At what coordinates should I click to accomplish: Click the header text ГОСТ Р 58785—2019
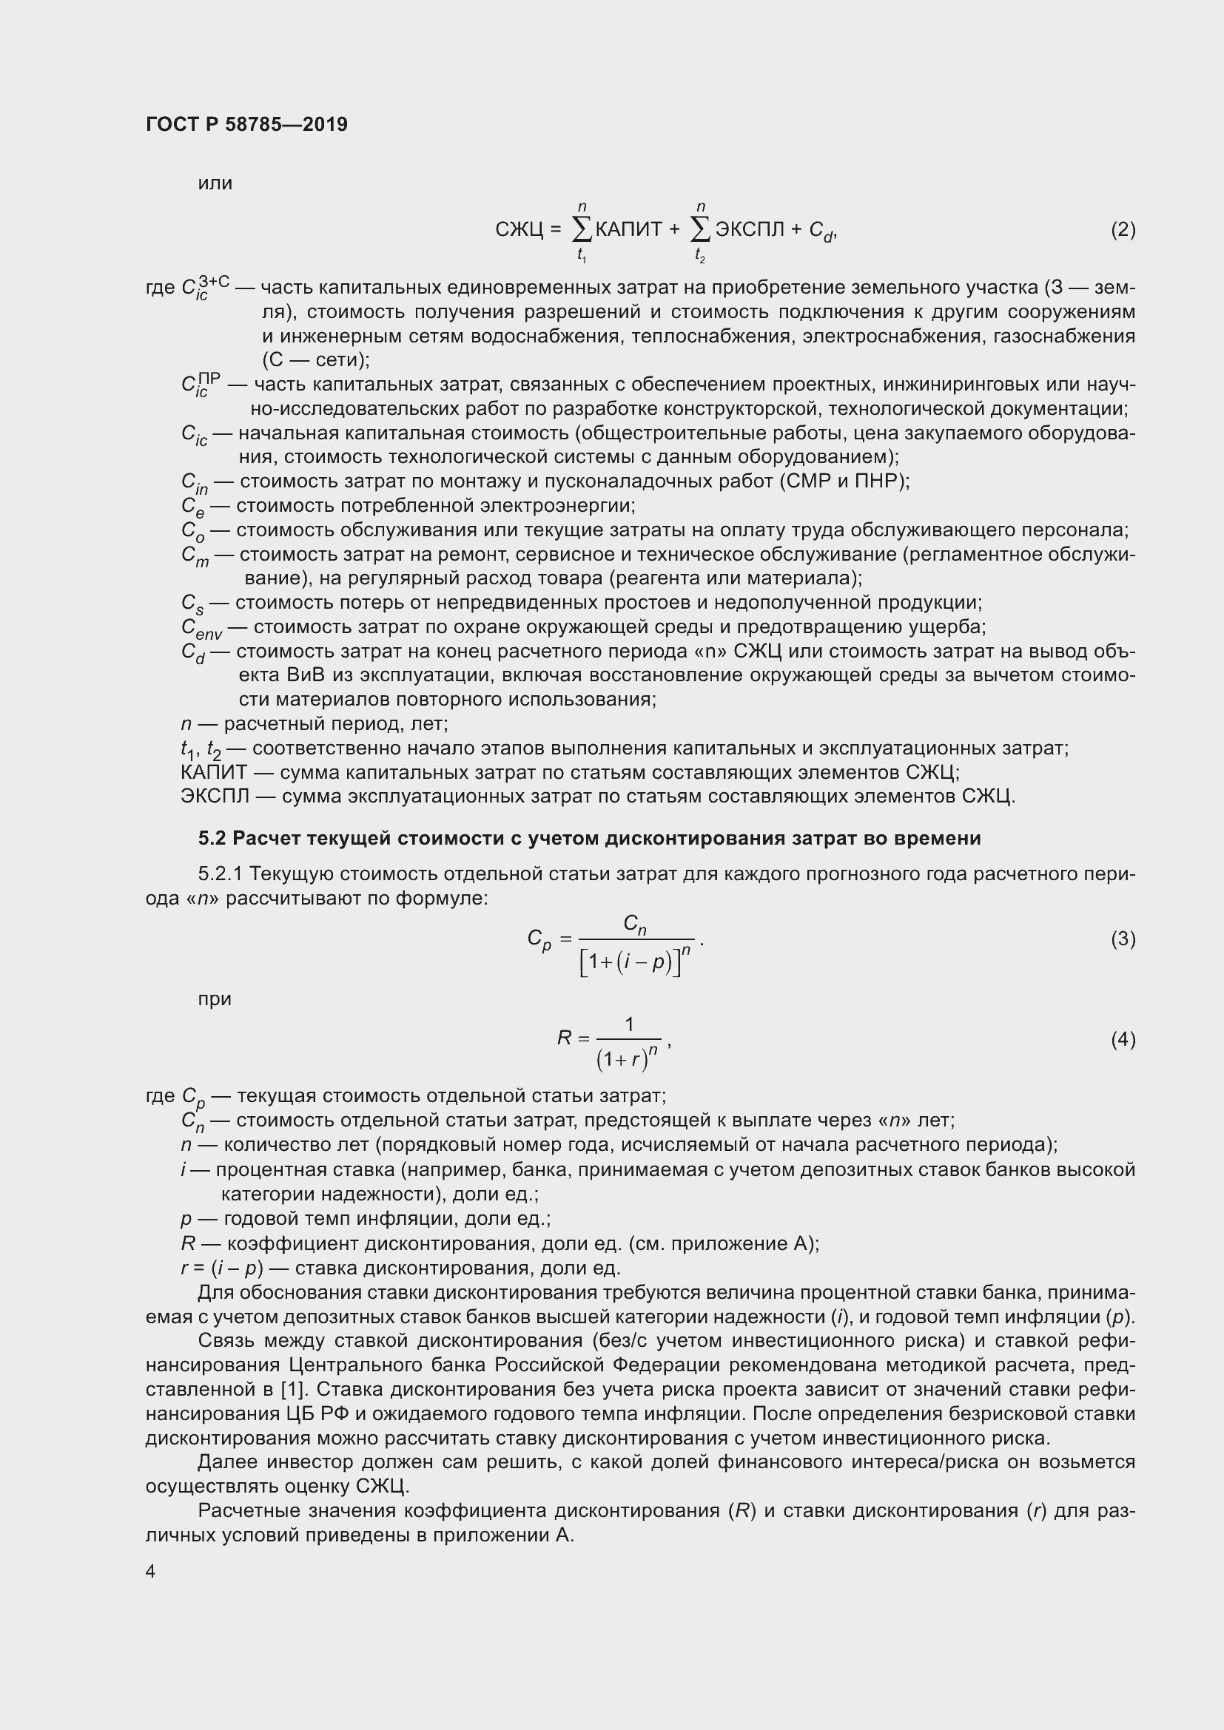tap(246, 124)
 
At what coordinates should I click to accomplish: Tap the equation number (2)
tap(1123, 229)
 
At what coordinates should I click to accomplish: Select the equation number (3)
tap(1123, 939)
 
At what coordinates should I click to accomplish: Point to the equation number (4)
tap(1123, 1040)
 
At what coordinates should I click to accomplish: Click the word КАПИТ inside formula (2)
tap(628, 229)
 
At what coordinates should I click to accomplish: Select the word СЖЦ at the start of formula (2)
tap(519, 229)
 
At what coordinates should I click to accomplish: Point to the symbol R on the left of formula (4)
tap(565, 1038)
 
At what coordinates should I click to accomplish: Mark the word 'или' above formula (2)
tap(215, 183)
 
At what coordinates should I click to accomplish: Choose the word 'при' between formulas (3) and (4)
tap(215, 999)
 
